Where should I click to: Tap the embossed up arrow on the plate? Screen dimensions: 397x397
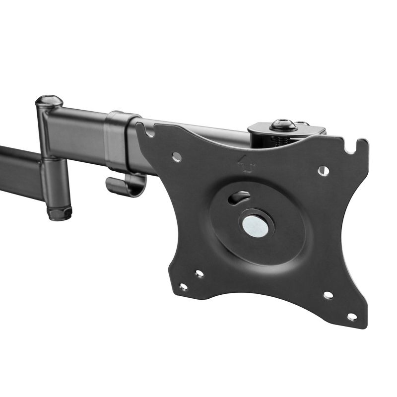pos(244,162)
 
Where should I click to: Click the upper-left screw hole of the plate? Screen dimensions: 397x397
pos(176,157)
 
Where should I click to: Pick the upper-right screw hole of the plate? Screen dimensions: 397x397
pos(323,170)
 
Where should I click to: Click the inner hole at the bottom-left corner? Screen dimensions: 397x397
pos(199,273)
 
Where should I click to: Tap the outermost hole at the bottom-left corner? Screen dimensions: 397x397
pos(183,287)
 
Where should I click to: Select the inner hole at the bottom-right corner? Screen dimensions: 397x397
pos(328,295)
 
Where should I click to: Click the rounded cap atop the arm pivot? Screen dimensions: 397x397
pos(49,101)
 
